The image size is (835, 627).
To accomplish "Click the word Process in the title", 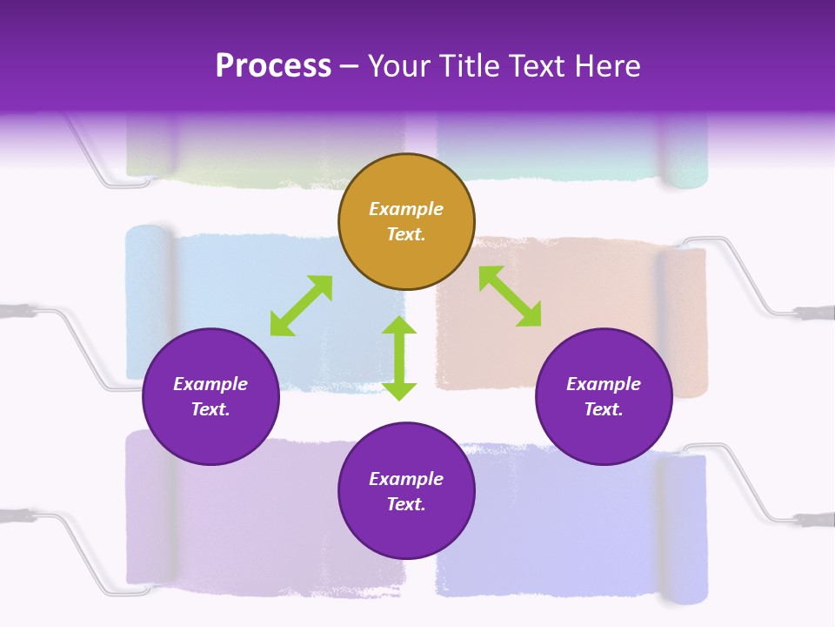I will tap(273, 66).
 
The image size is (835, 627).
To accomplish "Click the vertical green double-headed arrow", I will tap(399, 358).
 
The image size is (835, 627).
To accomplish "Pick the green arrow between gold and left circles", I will tap(301, 306).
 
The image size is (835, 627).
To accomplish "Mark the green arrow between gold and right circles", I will tap(510, 296).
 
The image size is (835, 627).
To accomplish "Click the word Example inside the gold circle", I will tap(406, 209).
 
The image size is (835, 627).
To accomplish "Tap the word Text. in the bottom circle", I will tap(406, 504).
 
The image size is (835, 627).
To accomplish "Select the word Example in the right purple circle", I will tap(604, 384).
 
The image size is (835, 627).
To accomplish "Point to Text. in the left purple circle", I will tap(210, 409).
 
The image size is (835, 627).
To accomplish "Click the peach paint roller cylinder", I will tap(681, 322).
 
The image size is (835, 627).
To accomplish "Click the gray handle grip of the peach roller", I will tap(814, 312).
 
